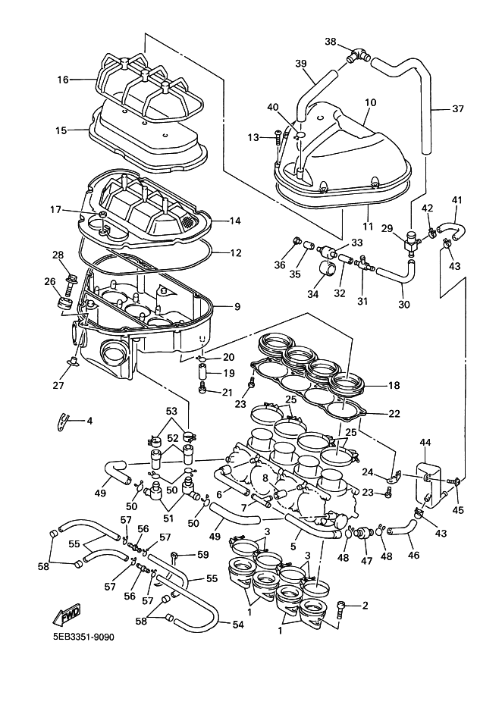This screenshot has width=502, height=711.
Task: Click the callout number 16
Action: point(62,79)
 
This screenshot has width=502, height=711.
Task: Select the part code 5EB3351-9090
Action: point(83,637)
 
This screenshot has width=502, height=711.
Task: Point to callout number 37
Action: point(457,109)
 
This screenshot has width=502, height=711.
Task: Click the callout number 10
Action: point(370,102)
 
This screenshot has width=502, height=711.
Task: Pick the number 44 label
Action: point(425,442)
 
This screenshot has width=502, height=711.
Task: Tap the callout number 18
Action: point(394,385)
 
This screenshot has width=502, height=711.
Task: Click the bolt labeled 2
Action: point(343,606)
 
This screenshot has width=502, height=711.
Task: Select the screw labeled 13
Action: point(277,137)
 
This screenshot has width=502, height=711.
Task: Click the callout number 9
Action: point(237,307)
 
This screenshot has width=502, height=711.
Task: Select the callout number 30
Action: point(403,305)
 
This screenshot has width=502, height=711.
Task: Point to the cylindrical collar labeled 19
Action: point(203,374)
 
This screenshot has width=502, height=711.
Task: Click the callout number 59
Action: point(202,556)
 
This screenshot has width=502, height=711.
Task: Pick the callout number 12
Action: point(236,252)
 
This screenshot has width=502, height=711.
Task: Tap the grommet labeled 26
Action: point(64,304)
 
